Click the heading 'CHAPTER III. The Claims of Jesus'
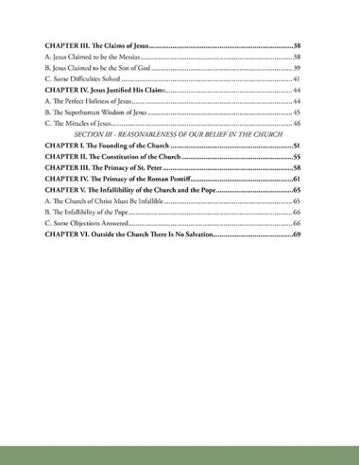tap(95, 45)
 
